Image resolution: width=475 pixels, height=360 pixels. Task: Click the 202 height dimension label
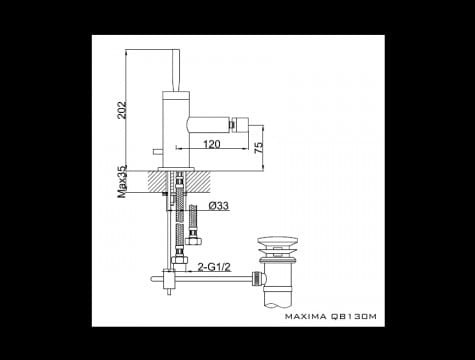coord(122,109)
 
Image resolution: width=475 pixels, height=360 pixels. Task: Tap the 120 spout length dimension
coord(212,144)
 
